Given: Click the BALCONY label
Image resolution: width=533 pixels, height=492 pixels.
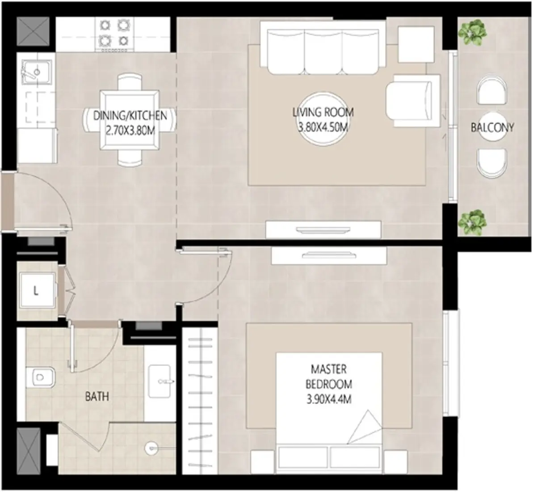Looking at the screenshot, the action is pyautogui.click(x=492, y=127).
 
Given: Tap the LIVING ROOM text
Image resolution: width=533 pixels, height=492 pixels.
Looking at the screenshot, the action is pyautogui.click(x=323, y=112).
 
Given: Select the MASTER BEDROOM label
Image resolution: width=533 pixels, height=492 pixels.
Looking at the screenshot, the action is pyautogui.click(x=329, y=377).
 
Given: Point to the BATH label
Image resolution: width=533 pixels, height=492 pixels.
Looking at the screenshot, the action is pyautogui.click(x=97, y=396).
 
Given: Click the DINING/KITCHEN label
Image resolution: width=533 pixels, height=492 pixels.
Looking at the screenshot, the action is pyautogui.click(x=130, y=116).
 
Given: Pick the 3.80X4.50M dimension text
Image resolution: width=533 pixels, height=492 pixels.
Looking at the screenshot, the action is pyautogui.click(x=323, y=127).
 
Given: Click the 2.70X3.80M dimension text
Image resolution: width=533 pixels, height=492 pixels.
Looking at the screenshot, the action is pyautogui.click(x=130, y=131).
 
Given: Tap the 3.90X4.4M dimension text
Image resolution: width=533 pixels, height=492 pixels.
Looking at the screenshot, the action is pyautogui.click(x=329, y=399).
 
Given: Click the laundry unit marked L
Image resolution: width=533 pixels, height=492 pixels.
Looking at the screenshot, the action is pyautogui.click(x=36, y=290).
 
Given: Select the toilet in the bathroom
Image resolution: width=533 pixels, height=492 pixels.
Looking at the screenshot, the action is pyautogui.click(x=40, y=377).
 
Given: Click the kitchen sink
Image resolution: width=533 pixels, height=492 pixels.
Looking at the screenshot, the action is pyautogui.click(x=36, y=72).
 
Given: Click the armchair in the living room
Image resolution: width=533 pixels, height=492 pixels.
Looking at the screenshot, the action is pyautogui.click(x=412, y=101).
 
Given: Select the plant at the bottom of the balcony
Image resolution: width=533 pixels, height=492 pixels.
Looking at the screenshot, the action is pyautogui.click(x=472, y=222).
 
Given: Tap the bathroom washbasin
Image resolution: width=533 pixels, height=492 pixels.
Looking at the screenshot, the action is pyautogui.click(x=160, y=382).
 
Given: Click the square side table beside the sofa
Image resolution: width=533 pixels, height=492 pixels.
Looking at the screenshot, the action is pyautogui.click(x=416, y=44).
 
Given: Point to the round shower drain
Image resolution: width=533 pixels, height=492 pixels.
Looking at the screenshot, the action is pyautogui.click(x=151, y=448).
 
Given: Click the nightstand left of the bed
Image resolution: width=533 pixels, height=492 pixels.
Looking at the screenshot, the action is pyautogui.click(x=262, y=462).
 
